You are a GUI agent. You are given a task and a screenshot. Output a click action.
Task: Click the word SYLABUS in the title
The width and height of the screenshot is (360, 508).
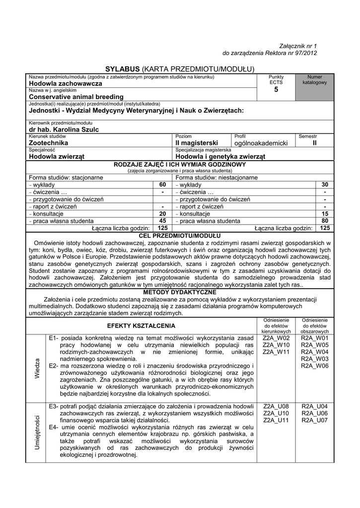(123, 68)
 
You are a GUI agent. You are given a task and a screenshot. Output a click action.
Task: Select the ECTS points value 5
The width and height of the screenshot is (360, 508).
(276, 90)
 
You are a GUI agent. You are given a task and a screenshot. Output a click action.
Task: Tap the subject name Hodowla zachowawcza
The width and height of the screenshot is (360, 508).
(66, 84)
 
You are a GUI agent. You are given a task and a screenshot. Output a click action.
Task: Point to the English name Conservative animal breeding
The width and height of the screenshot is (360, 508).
(76, 97)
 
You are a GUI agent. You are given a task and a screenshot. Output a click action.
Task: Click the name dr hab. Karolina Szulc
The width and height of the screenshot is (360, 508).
(64, 129)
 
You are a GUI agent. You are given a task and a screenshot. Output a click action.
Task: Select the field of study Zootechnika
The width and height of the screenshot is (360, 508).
(50, 143)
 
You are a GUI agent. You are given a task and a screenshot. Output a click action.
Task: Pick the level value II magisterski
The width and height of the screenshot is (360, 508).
(197, 143)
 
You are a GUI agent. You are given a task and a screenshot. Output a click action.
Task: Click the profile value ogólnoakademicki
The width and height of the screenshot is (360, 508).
(261, 143)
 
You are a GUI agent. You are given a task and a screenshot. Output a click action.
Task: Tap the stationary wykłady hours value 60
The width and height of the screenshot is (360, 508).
(162, 185)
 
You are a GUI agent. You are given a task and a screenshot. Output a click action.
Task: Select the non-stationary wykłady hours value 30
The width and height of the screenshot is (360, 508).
(325, 185)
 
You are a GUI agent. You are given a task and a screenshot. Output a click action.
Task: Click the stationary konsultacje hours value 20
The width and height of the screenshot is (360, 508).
(162, 213)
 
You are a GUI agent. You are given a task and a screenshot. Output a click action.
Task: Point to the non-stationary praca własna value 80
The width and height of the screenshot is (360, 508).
(325, 221)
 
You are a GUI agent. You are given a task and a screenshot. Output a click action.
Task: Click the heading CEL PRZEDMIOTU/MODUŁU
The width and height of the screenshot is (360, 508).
(180, 235)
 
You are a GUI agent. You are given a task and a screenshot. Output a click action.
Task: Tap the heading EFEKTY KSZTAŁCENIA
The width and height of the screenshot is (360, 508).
(141, 325)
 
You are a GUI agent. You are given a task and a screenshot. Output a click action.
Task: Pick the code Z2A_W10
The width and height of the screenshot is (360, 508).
(276, 345)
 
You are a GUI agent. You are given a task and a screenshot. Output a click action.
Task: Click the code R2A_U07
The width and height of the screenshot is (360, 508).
(315, 420)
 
